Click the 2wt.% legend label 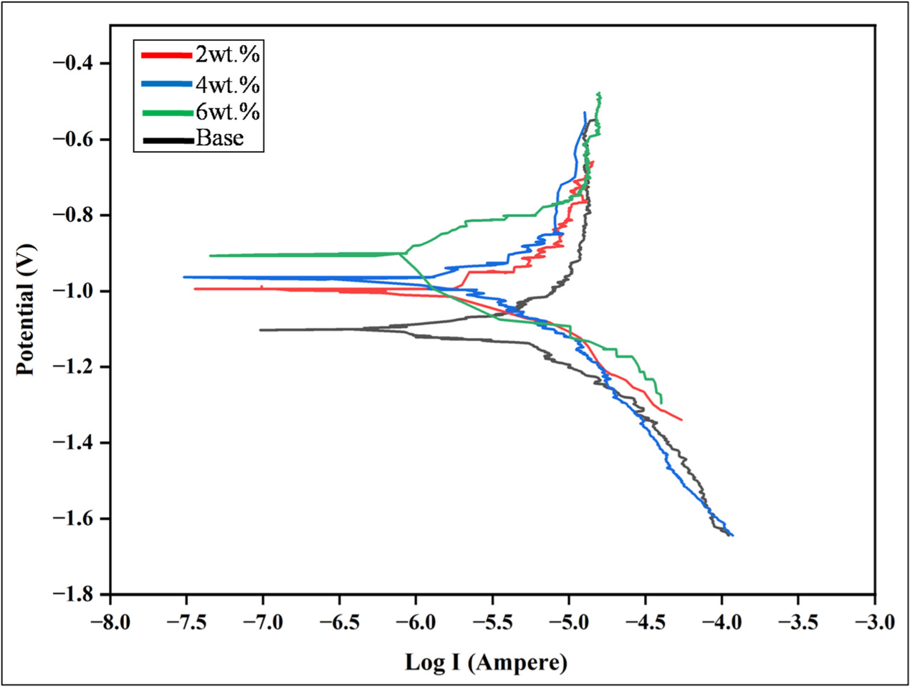pyautogui.click(x=227, y=54)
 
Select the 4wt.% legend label pyautogui.click(x=227, y=84)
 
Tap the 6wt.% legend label pyautogui.click(x=227, y=112)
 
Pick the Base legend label pyautogui.click(x=220, y=138)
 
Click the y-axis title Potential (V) pyautogui.click(x=26, y=309)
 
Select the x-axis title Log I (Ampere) pyautogui.click(x=487, y=662)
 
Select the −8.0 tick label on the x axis pyautogui.click(x=110, y=621)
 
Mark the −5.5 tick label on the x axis pyautogui.click(x=492, y=621)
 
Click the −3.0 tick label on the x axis pyautogui.click(x=874, y=621)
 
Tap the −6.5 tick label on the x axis pyautogui.click(x=340, y=621)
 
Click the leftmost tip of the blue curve pyautogui.click(x=184, y=277)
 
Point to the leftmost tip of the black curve pyautogui.click(x=260, y=330)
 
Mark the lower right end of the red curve pyautogui.click(x=681, y=420)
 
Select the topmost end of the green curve pyautogui.click(x=598, y=93)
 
